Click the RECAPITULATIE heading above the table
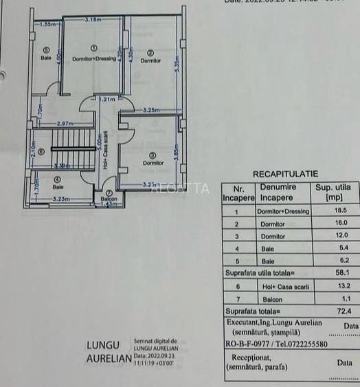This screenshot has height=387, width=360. tap(285, 175)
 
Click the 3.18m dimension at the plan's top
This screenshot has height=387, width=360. tap(93, 21)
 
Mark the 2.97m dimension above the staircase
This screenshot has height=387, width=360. tap(65, 123)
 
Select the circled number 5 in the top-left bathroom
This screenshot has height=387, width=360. tap(46, 49)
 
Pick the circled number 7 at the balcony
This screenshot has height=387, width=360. tap(109, 192)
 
